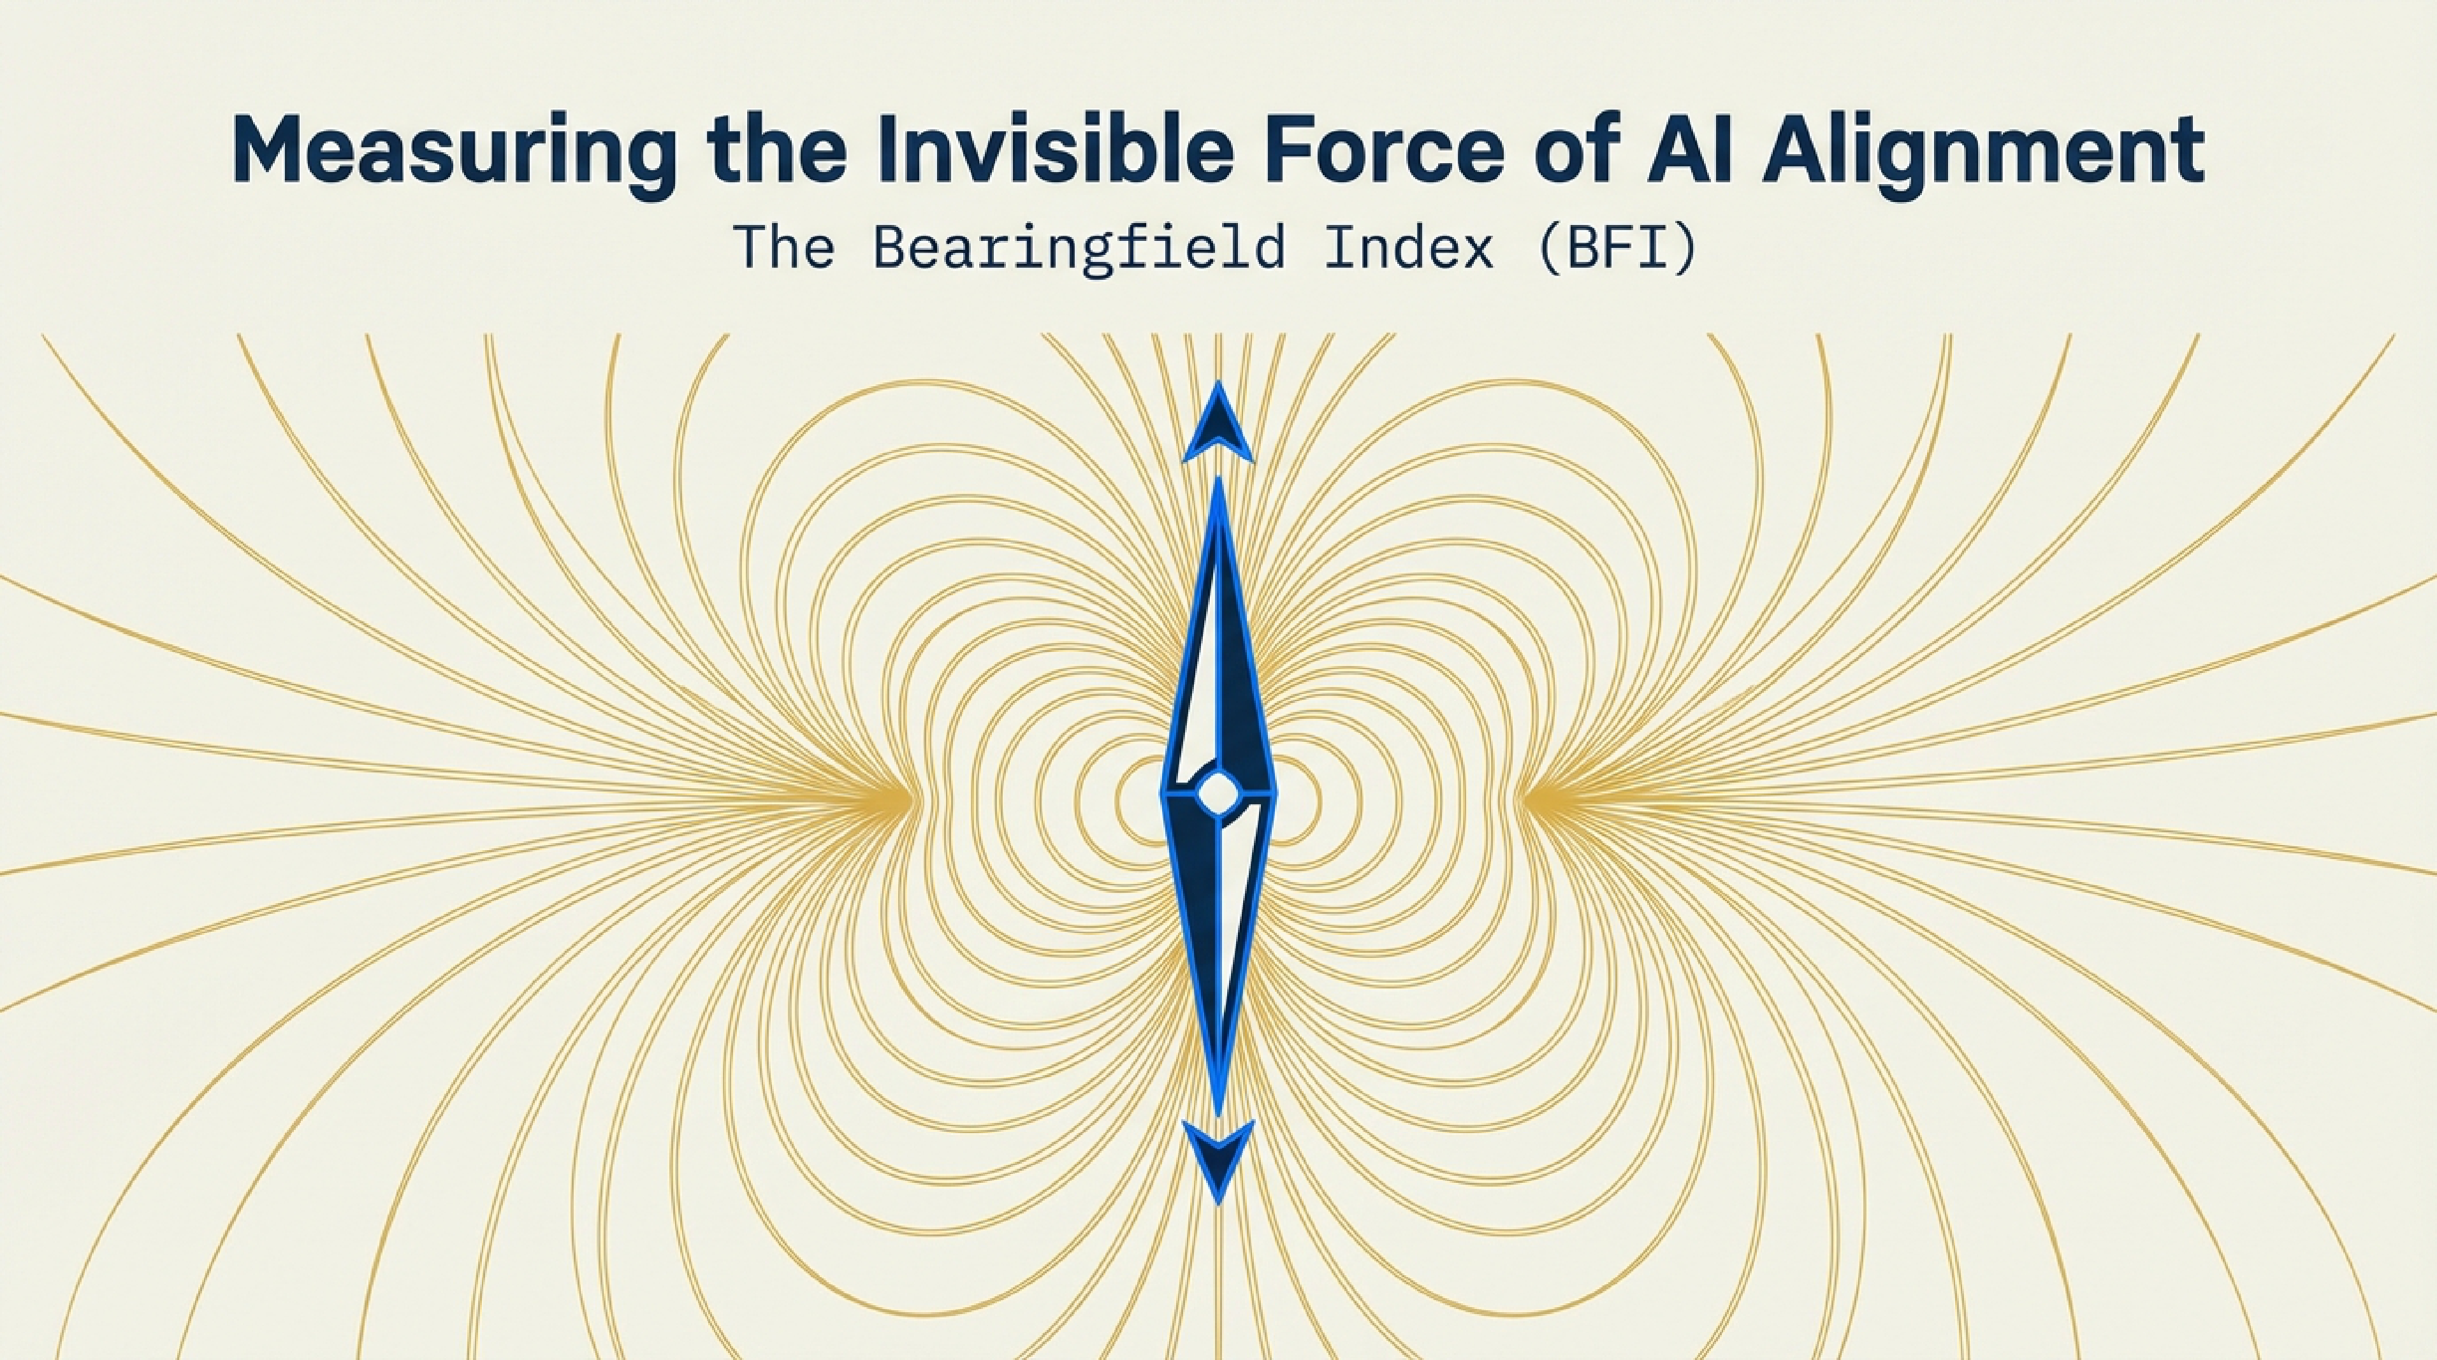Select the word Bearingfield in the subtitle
1079,249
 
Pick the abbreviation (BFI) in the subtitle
1615,249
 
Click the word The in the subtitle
784,248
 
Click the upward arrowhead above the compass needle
1219,426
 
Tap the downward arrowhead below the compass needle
1219,1159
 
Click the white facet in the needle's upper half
1197,690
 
